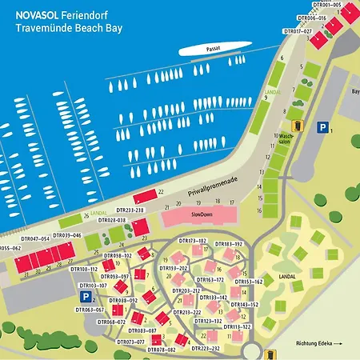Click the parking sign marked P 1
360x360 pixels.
tap(322, 127)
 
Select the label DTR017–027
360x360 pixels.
tap(298, 32)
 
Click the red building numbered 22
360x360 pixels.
tap(145, 196)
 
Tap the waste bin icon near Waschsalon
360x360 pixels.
tap(298, 126)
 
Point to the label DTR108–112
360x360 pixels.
tap(84, 270)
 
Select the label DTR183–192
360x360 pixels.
tap(228, 243)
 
